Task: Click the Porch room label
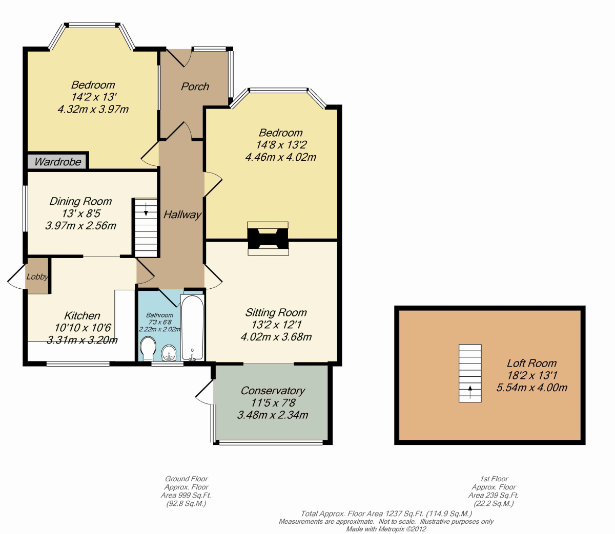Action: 195,87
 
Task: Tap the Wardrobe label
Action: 58,162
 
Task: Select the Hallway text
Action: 182,215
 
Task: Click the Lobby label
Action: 37,277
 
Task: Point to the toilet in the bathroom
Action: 148,349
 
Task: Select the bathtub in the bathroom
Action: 192,328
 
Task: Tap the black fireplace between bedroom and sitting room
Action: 268,239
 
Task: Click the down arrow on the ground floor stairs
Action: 146,209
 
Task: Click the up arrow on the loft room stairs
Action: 470,392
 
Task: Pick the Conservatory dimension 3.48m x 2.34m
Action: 273,415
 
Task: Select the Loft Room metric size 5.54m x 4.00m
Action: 532,388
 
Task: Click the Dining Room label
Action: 80,201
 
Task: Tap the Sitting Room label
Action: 276,313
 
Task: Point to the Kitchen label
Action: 82,316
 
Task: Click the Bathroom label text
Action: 159,315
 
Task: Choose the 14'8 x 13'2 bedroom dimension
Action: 281,145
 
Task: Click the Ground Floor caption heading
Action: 187,479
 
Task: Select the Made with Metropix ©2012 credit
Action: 386,529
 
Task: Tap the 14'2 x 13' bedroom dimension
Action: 94,97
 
